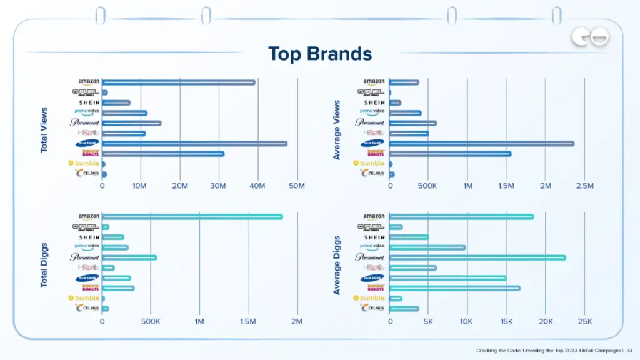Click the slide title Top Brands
319,54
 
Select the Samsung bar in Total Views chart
194,143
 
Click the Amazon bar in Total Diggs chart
192,217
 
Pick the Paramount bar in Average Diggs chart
477,257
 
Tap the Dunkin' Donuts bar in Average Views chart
450,154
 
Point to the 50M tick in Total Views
297,186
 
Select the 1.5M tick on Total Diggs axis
248,321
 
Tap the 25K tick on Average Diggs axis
584,321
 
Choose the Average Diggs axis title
337,266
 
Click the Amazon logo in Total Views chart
89,82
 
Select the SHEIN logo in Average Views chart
374,102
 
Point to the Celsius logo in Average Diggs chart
373,308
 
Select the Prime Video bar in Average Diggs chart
427,247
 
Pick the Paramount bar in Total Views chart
131,123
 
